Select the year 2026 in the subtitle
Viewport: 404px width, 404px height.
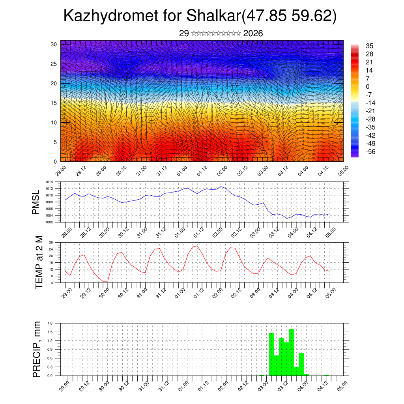(253, 34)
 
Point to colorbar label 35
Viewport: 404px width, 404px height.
(370, 46)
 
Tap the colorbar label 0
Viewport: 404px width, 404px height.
(368, 87)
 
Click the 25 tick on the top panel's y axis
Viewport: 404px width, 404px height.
(54, 64)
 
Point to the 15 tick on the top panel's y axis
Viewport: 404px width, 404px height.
(54, 103)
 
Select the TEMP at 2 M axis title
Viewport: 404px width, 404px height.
(39, 262)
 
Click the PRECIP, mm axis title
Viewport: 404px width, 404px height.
(37, 349)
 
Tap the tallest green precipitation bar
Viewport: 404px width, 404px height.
(292, 351)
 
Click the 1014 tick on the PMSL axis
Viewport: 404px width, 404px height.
(49, 182)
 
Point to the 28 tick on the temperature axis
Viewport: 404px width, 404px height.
(51, 242)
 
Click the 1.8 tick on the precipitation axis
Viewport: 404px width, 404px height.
(50, 323)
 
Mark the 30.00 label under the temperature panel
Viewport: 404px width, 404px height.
(105, 292)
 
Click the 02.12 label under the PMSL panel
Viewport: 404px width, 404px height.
(237, 231)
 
